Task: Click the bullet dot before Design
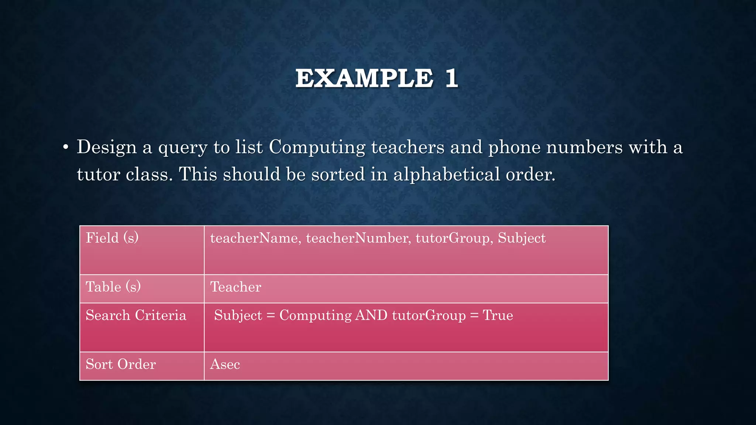[66, 148]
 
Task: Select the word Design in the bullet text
[107, 147]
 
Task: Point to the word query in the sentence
[183, 148]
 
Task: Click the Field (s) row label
[112, 238]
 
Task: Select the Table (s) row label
[113, 287]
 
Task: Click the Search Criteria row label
[136, 315]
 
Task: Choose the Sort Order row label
[121, 364]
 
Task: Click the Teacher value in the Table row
[236, 287]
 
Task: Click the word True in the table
[498, 315]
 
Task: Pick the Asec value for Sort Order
[225, 364]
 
